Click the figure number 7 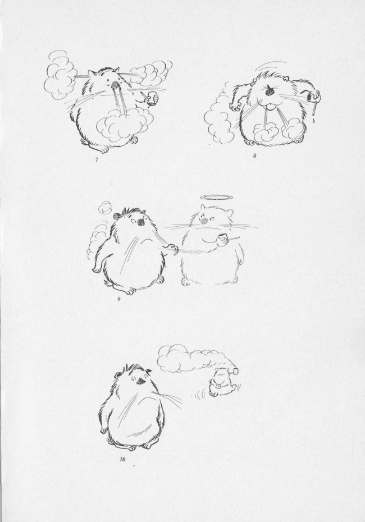tap(97, 159)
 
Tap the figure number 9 tap(118, 299)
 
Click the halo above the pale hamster tap(211, 198)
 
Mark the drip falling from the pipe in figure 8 tap(314, 115)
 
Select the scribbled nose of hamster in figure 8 tap(268, 90)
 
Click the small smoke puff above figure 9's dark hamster tap(107, 207)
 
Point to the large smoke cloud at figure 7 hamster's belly tap(124, 125)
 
